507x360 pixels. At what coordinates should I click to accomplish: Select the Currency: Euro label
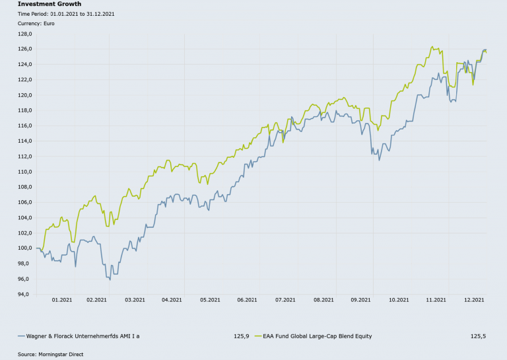tap(36, 23)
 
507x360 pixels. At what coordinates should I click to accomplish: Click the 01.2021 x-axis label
tap(61, 299)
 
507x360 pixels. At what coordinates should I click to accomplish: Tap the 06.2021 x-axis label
tap(246, 299)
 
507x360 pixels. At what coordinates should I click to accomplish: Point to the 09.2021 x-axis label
tap(362, 299)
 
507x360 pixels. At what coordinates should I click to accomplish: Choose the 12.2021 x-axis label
tap(475, 299)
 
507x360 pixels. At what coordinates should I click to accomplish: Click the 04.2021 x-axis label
tap(172, 299)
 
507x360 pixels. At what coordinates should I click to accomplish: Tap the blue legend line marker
tap(21, 336)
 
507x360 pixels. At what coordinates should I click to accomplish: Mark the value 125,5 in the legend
tap(478, 336)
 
